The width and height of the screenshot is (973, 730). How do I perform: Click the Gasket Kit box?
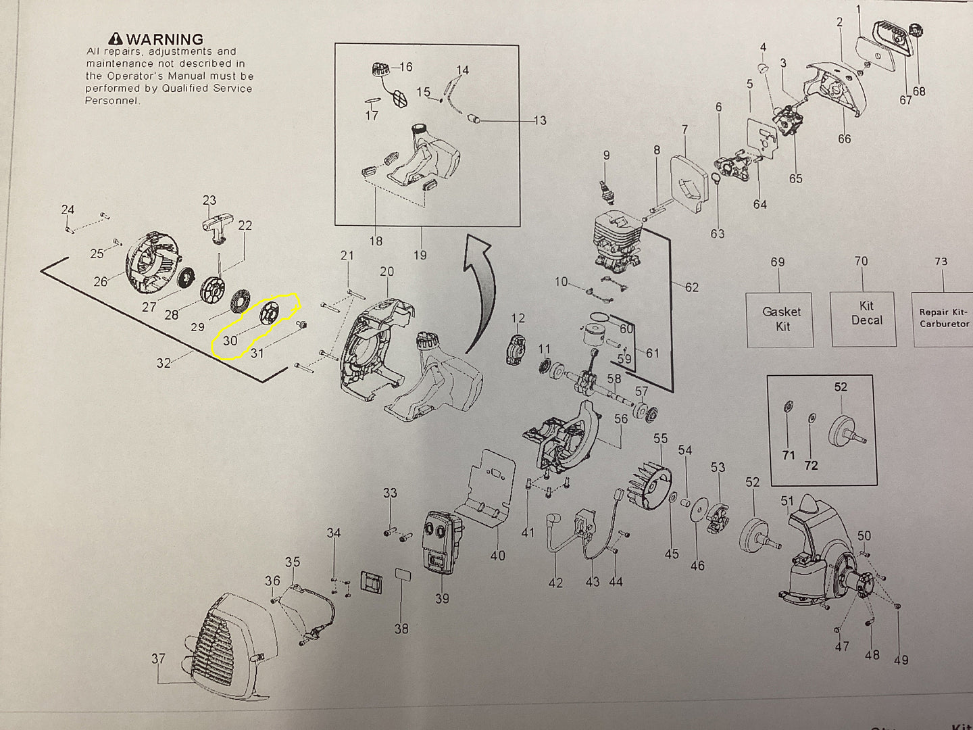781,319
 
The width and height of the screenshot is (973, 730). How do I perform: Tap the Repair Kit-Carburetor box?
943,318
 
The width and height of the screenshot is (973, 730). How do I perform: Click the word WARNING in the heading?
164,39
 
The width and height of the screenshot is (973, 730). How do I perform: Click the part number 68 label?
919,91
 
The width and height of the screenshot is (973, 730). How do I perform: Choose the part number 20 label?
386,272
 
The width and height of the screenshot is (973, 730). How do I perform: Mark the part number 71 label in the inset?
788,456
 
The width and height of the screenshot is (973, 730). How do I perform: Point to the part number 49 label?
901,660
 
